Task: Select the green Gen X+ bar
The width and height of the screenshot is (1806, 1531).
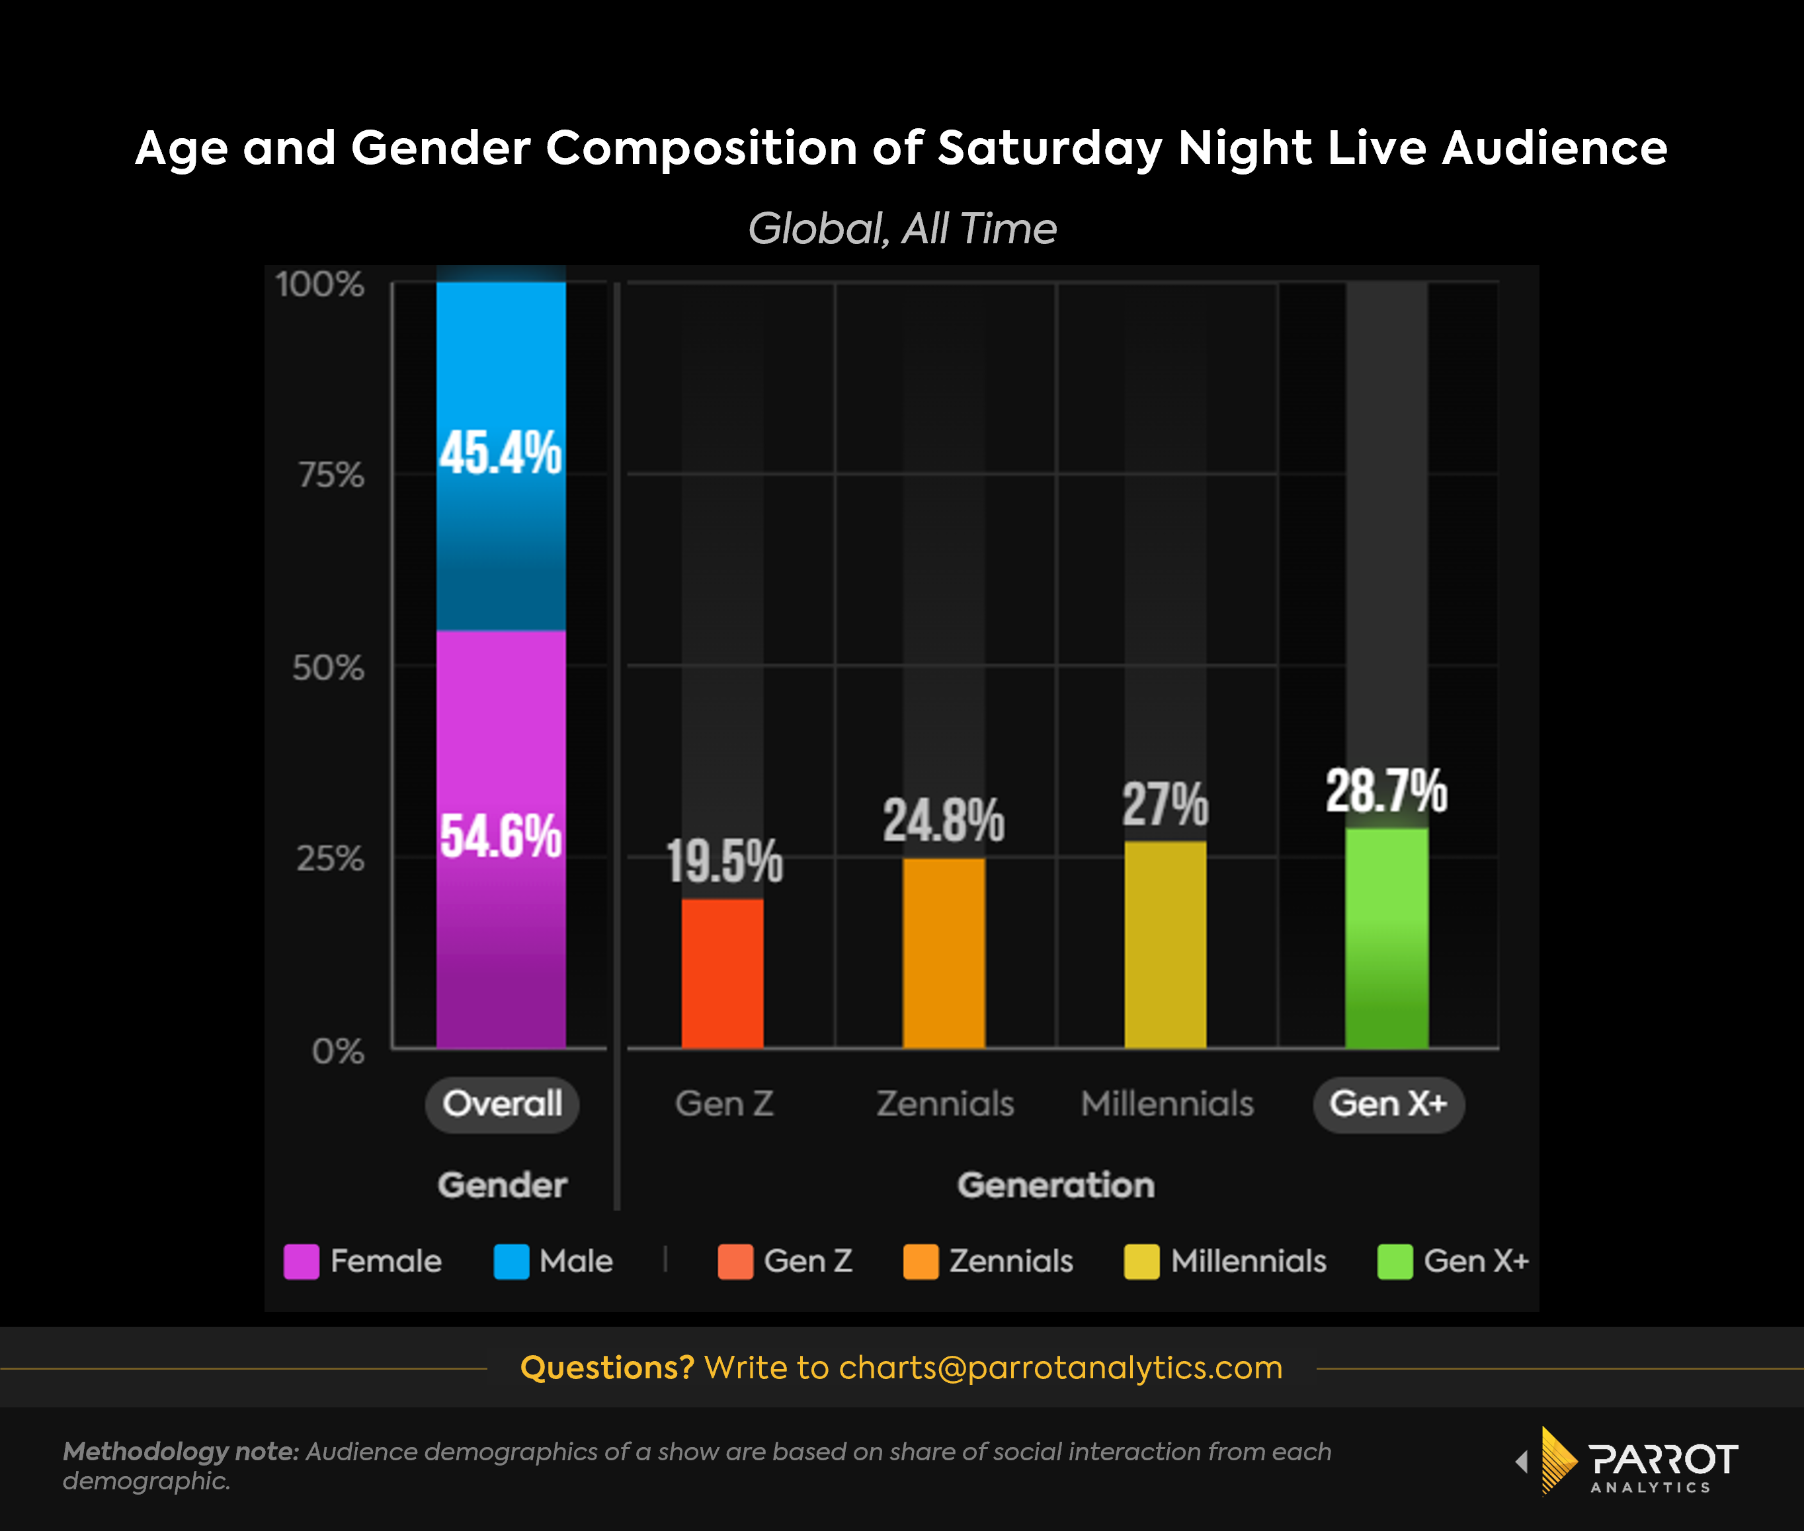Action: (x=1387, y=937)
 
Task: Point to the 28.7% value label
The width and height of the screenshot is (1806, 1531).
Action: (x=1386, y=791)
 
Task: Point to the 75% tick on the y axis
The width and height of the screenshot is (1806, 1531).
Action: (x=331, y=475)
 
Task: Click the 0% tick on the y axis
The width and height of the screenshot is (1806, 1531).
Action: (x=338, y=1051)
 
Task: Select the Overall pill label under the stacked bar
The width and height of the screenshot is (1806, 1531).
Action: (x=502, y=1104)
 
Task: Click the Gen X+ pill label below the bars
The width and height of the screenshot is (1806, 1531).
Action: (x=1388, y=1104)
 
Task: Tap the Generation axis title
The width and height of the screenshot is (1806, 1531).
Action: (x=1056, y=1185)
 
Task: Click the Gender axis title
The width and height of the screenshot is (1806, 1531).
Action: (x=502, y=1185)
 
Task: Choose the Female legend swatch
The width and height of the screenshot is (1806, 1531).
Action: (x=302, y=1261)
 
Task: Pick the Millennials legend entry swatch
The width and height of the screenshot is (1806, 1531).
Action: (x=1141, y=1261)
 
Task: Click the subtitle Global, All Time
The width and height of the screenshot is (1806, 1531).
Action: (x=902, y=229)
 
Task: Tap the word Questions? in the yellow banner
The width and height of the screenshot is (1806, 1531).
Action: (x=607, y=1368)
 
